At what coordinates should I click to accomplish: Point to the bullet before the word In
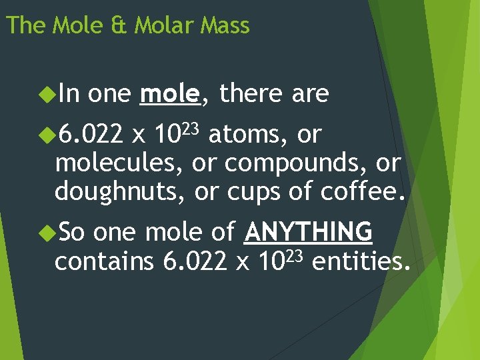[x=47, y=95]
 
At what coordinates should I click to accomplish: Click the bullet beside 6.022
[x=47, y=135]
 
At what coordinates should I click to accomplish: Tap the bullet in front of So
[x=47, y=233]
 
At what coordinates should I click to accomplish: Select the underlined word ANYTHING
[x=309, y=232]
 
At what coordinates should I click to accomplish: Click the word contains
[x=105, y=261]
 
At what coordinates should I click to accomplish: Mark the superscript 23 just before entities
[x=294, y=253]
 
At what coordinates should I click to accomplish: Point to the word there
[x=250, y=95]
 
